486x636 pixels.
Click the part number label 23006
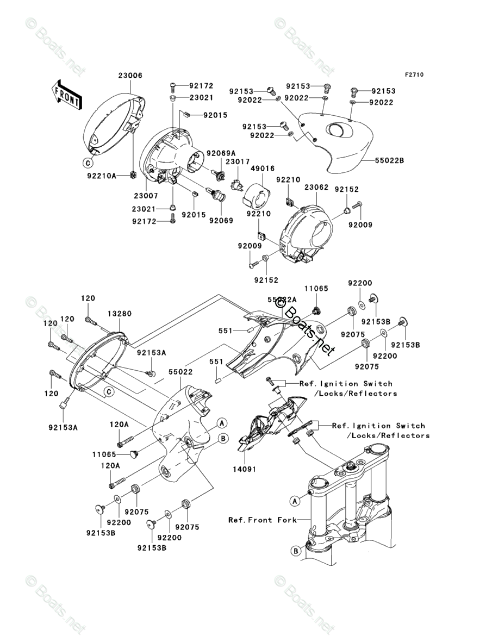(130, 76)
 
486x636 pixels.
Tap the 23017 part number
(238, 161)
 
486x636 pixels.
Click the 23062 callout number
(316, 188)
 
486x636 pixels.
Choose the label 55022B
(389, 161)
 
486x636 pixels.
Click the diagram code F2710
(413, 74)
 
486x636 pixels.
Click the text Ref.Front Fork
(263, 520)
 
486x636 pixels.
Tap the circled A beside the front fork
(294, 500)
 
